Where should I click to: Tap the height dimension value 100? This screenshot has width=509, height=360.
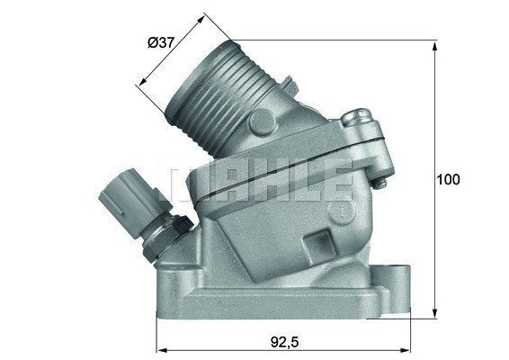tap(448, 179)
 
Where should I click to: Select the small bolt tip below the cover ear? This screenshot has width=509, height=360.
tap(381, 184)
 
